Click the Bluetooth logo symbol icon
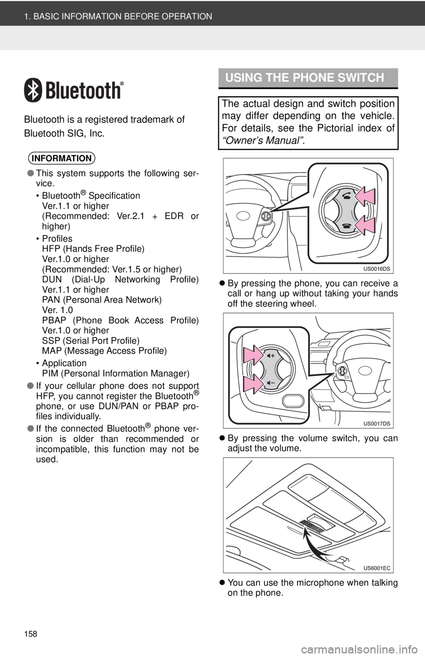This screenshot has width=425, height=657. [x=33, y=90]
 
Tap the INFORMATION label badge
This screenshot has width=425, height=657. [x=62, y=158]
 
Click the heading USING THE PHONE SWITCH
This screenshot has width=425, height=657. [x=305, y=78]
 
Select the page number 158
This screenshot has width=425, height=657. [x=31, y=634]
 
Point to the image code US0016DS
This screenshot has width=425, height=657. [x=377, y=269]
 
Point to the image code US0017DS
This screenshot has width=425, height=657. [x=377, y=424]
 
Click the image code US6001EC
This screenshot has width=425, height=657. [x=377, y=568]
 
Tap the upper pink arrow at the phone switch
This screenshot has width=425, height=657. [x=365, y=196]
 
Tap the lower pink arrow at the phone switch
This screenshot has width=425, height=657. [x=365, y=225]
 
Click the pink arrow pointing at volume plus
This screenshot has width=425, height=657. [x=253, y=355]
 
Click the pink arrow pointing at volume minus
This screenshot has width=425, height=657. [x=253, y=383]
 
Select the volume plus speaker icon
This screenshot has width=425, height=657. [x=271, y=356]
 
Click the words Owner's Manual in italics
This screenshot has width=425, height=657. [x=263, y=140]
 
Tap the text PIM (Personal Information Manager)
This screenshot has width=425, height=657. [x=116, y=373]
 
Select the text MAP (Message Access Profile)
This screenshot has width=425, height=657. [x=104, y=351]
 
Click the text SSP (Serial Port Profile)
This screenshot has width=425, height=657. [x=91, y=340]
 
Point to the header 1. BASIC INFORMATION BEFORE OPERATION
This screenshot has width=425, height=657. [x=118, y=16]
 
